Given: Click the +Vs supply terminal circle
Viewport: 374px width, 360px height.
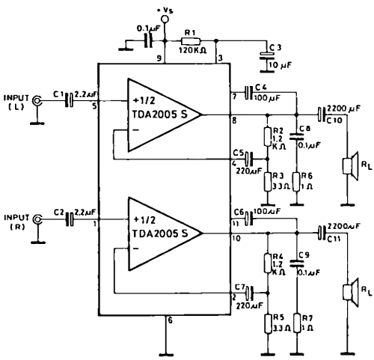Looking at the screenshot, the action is point(165,19).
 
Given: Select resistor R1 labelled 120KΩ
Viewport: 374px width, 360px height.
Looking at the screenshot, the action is point(190,41).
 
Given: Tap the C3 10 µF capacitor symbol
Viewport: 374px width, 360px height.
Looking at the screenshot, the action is point(267,56).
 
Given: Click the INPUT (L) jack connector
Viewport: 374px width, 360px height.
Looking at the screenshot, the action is point(37,100).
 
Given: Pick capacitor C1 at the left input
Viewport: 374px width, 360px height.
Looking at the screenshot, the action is point(69,100).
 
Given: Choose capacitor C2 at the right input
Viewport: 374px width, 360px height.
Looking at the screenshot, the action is point(70,219).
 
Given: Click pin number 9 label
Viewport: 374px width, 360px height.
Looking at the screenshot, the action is point(159,58).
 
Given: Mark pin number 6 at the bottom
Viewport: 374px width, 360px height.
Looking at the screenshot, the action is point(170,320).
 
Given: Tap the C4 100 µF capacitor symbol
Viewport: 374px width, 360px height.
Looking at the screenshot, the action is point(248,93).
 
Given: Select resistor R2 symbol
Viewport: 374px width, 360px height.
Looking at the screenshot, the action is point(267,137).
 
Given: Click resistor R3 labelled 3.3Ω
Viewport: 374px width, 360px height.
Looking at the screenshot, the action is point(267,182).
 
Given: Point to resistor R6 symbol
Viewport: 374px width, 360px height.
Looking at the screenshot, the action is point(296,182).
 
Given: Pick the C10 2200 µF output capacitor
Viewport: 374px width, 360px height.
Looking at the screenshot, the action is point(322,115).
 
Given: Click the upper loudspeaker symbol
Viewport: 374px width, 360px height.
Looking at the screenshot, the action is point(350,166).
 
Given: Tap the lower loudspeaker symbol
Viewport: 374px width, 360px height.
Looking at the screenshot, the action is point(350,292).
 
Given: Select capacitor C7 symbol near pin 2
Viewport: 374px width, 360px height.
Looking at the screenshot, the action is point(249,293).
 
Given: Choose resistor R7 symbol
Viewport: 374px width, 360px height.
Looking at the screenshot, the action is point(297,323).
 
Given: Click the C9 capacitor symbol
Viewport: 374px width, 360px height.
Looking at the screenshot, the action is point(296,263).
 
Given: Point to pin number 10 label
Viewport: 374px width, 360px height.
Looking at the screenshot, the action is point(236,239).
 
